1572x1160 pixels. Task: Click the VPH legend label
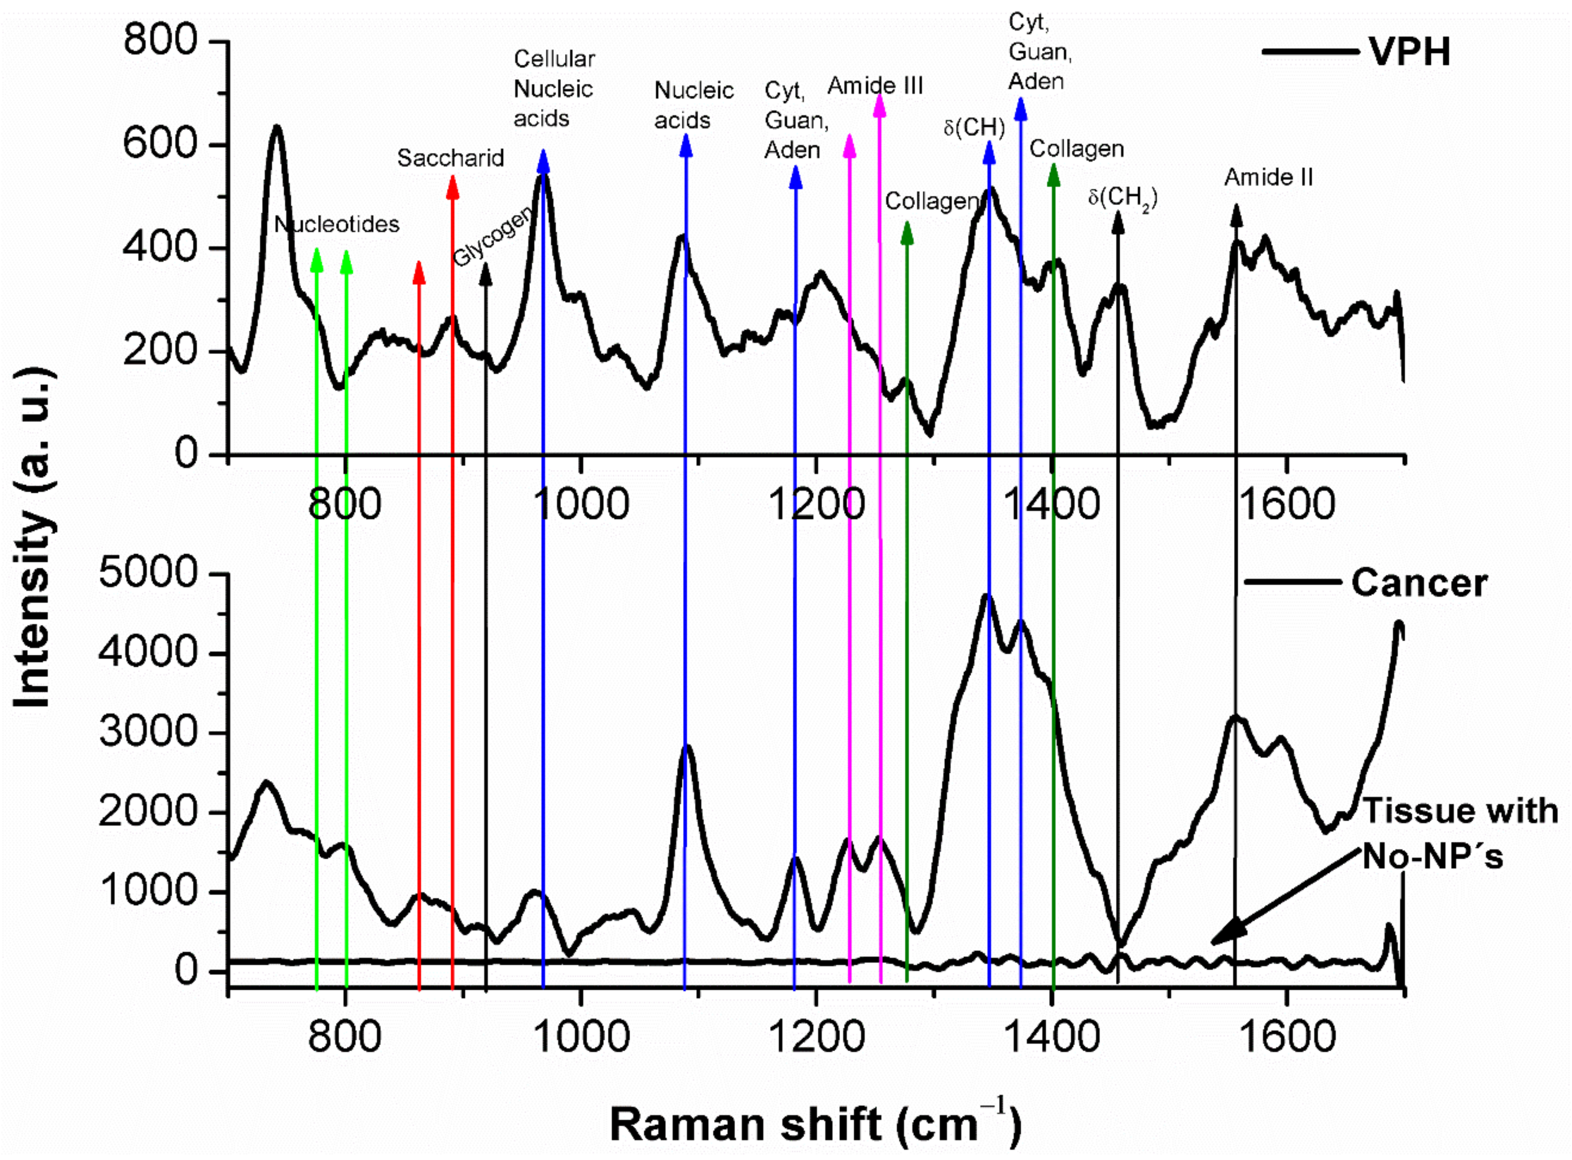click(x=1409, y=52)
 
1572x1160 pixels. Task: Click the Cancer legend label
click(x=1419, y=583)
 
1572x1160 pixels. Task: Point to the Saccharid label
click(x=450, y=158)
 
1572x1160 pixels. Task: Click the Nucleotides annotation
click(x=336, y=225)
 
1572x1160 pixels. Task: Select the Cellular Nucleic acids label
click(x=554, y=88)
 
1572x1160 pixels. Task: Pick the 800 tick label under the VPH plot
click(x=344, y=504)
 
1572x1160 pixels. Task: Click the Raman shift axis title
click(x=815, y=1123)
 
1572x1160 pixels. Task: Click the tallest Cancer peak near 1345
click(x=987, y=597)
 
